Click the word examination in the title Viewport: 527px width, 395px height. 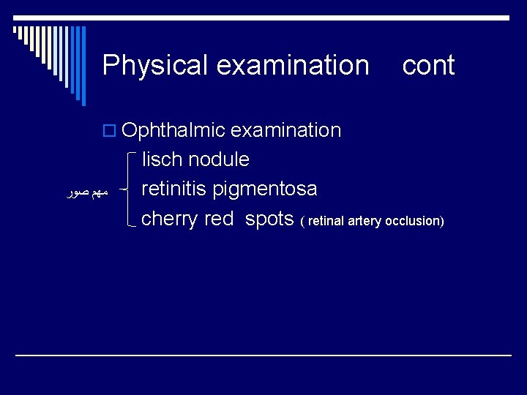click(x=293, y=65)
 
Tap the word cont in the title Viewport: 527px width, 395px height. click(x=428, y=65)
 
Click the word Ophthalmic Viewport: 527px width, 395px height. click(x=173, y=131)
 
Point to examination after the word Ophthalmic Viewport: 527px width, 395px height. click(x=286, y=130)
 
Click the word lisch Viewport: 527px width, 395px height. click(x=162, y=159)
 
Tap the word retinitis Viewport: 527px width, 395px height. click(x=174, y=189)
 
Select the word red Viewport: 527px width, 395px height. click(x=219, y=219)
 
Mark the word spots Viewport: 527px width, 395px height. click(x=269, y=219)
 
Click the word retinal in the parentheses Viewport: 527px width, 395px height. click(x=327, y=221)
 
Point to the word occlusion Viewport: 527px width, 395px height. click(x=414, y=221)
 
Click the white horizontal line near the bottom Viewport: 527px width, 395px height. click(x=263, y=355)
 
